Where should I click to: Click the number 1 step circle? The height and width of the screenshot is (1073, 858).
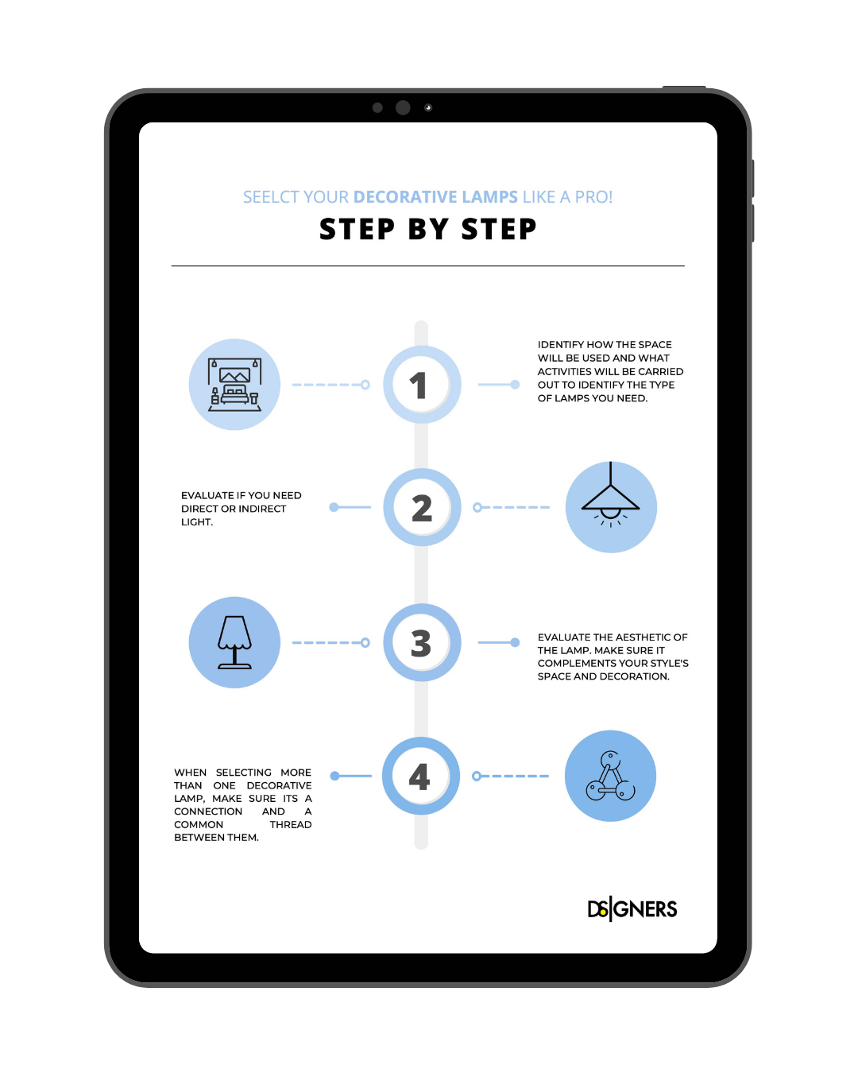coord(422,385)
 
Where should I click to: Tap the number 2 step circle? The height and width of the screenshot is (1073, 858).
coord(422,507)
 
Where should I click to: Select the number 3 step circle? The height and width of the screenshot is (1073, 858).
coord(422,642)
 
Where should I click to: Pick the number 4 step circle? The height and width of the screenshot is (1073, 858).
coord(421,776)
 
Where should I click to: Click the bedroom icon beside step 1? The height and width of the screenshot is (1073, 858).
coord(234,385)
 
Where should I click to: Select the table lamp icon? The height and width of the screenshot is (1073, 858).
coord(234,642)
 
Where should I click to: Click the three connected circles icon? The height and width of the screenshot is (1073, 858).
coord(610,776)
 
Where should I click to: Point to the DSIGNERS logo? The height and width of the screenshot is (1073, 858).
coord(632,909)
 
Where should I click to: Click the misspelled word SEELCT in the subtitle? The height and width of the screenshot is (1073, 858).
coord(271,197)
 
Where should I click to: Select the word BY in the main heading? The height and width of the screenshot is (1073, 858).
coord(427,230)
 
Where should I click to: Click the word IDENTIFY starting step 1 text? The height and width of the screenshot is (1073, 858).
coord(560,344)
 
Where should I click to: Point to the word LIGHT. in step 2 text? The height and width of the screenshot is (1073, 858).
coord(197,522)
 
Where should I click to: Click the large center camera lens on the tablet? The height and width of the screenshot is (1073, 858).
coord(403,107)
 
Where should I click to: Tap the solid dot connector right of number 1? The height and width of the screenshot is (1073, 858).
coord(515,385)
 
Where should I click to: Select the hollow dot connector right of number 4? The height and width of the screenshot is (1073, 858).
coord(477,776)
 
